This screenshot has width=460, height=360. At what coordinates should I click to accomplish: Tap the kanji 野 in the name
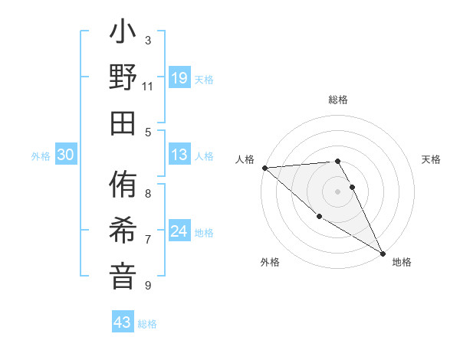tap(123, 79)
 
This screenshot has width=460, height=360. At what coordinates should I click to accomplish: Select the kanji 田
tap(123, 123)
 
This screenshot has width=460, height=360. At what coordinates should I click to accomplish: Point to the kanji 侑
tap(123, 187)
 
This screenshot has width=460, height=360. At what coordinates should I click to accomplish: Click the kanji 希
tap(123, 231)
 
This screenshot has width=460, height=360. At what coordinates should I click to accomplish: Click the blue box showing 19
tap(179, 77)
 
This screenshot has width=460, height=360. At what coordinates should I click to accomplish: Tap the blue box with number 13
tap(179, 155)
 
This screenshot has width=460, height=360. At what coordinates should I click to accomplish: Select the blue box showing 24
tap(179, 231)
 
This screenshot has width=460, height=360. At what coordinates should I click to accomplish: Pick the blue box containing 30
tap(65, 155)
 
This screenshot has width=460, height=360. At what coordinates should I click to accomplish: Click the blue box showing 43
tap(122, 322)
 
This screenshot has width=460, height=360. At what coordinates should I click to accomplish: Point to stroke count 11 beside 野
tap(148, 86)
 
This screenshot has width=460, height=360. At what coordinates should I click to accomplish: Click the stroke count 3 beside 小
tap(148, 40)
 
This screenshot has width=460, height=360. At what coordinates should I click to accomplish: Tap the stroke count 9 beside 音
tap(148, 286)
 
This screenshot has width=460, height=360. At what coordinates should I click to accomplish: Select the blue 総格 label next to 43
tap(147, 324)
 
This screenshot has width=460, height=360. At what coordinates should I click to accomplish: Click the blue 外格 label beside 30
tap(41, 156)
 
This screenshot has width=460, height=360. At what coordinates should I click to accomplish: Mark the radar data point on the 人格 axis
tap(264, 168)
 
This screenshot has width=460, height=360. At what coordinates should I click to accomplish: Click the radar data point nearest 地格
tap(382, 253)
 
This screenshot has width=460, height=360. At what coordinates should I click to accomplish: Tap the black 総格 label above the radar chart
tap(337, 100)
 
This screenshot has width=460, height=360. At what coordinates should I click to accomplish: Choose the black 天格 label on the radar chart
tap(431, 159)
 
